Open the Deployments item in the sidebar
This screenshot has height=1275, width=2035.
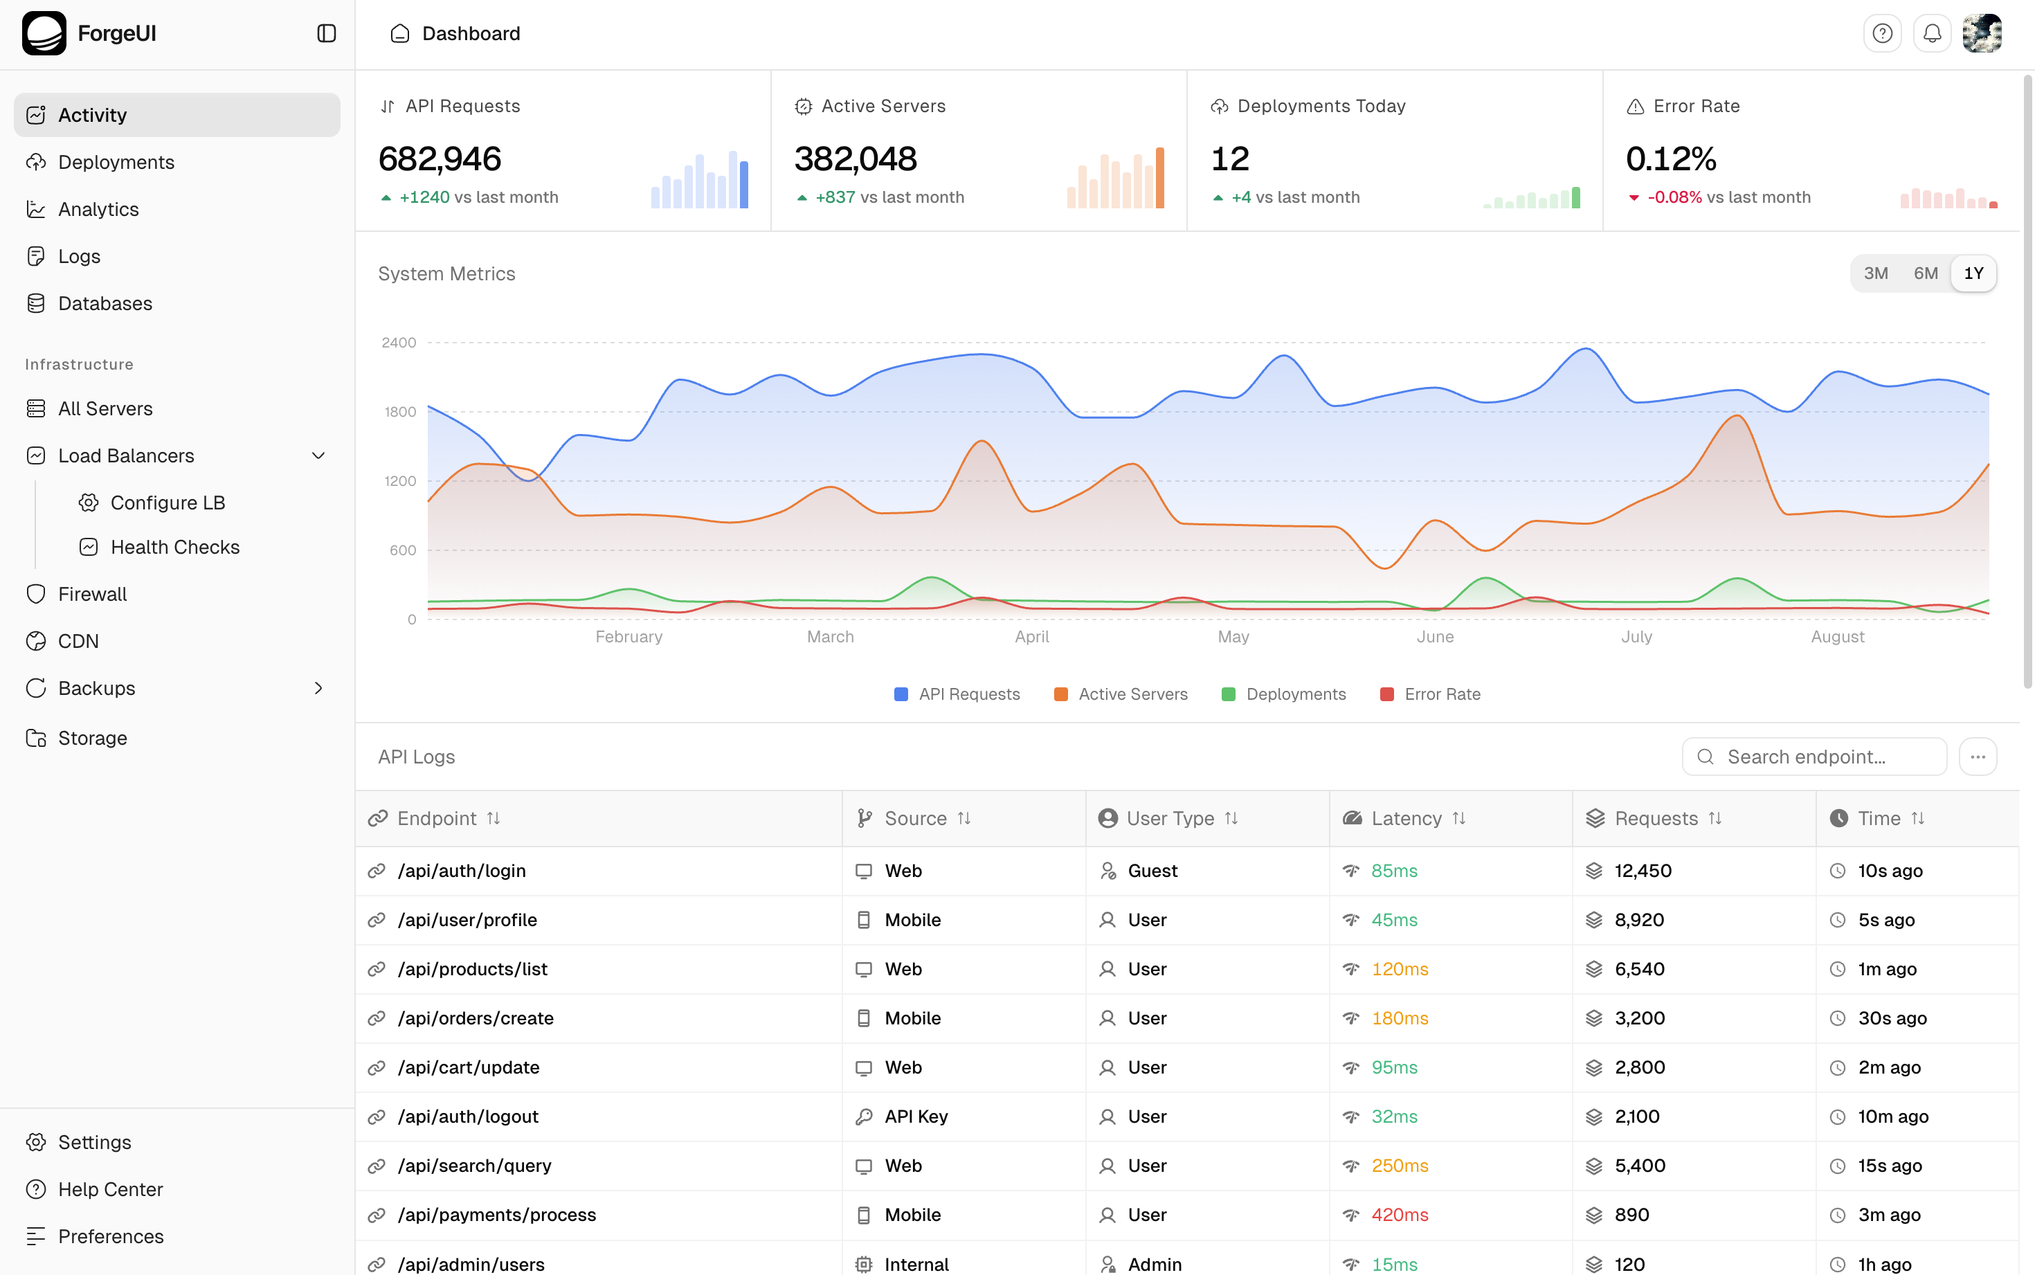[116, 162]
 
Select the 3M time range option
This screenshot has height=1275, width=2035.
[1875, 273]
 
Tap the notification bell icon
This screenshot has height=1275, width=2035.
[1932, 34]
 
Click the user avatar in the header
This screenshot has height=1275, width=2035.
[1982, 34]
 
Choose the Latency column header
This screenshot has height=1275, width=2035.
[1406, 818]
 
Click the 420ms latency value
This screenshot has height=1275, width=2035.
[1400, 1214]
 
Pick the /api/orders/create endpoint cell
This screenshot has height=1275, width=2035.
[476, 1018]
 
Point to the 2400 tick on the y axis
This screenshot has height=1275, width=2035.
[399, 343]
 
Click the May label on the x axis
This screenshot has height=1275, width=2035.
[1233, 637]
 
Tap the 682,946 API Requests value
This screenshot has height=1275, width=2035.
[440, 159]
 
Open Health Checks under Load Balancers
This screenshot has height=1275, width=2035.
[174, 548]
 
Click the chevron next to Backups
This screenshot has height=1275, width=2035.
[318, 688]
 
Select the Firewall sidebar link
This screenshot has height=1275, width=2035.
[92, 594]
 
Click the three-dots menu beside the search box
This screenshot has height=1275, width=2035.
[1978, 757]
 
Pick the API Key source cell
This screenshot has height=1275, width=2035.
[916, 1116]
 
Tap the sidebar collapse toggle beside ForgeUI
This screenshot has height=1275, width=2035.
[326, 34]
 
